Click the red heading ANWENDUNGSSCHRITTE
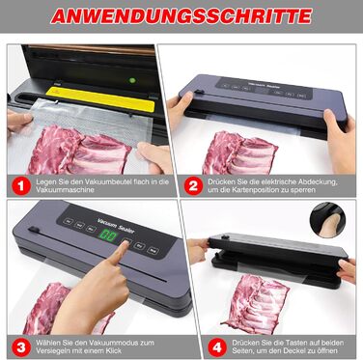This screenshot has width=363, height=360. pyautogui.click(x=181, y=16)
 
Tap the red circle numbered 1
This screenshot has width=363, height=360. pyautogui.click(x=21, y=186)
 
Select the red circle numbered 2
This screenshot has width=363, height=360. pyautogui.click(x=193, y=186)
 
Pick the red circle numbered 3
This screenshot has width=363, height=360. pyautogui.click(x=21, y=347)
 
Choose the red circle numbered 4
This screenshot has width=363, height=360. pyautogui.click(x=217, y=347)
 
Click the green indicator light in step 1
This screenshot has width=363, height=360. pyautogui.click(x=132, y=80)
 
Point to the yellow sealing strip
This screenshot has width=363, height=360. pyautogui.click(x=100, y=99)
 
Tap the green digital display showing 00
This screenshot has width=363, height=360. pyautogui.click(x=108, y=235)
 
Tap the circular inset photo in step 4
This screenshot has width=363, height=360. pyautogui.click(x=327, y=220)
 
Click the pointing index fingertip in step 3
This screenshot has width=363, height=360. pyautogui.click(x=125, y=243)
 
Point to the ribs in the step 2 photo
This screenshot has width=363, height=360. pyautogui.click(x=239, y=152)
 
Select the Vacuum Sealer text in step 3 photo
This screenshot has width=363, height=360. pyautogui.click(x=116, y=225)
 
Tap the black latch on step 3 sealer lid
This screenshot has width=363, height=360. pyautogui.click(x=34, y=230)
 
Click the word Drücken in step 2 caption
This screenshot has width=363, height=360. pyautogui.click(x=219, y=181)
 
